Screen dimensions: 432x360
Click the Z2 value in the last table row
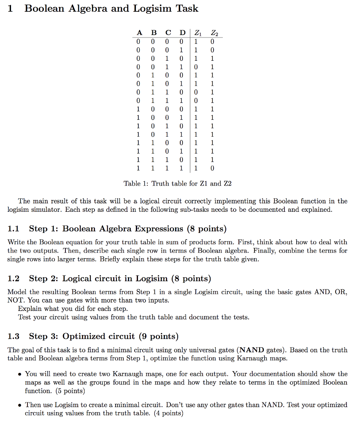[212, 168]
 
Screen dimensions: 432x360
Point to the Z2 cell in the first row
[212, 42]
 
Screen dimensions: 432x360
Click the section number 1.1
[14, 229]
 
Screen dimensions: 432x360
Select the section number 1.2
[14, 278]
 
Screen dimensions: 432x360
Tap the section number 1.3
[14, 336]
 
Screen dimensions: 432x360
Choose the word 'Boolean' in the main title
[45, 8]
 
